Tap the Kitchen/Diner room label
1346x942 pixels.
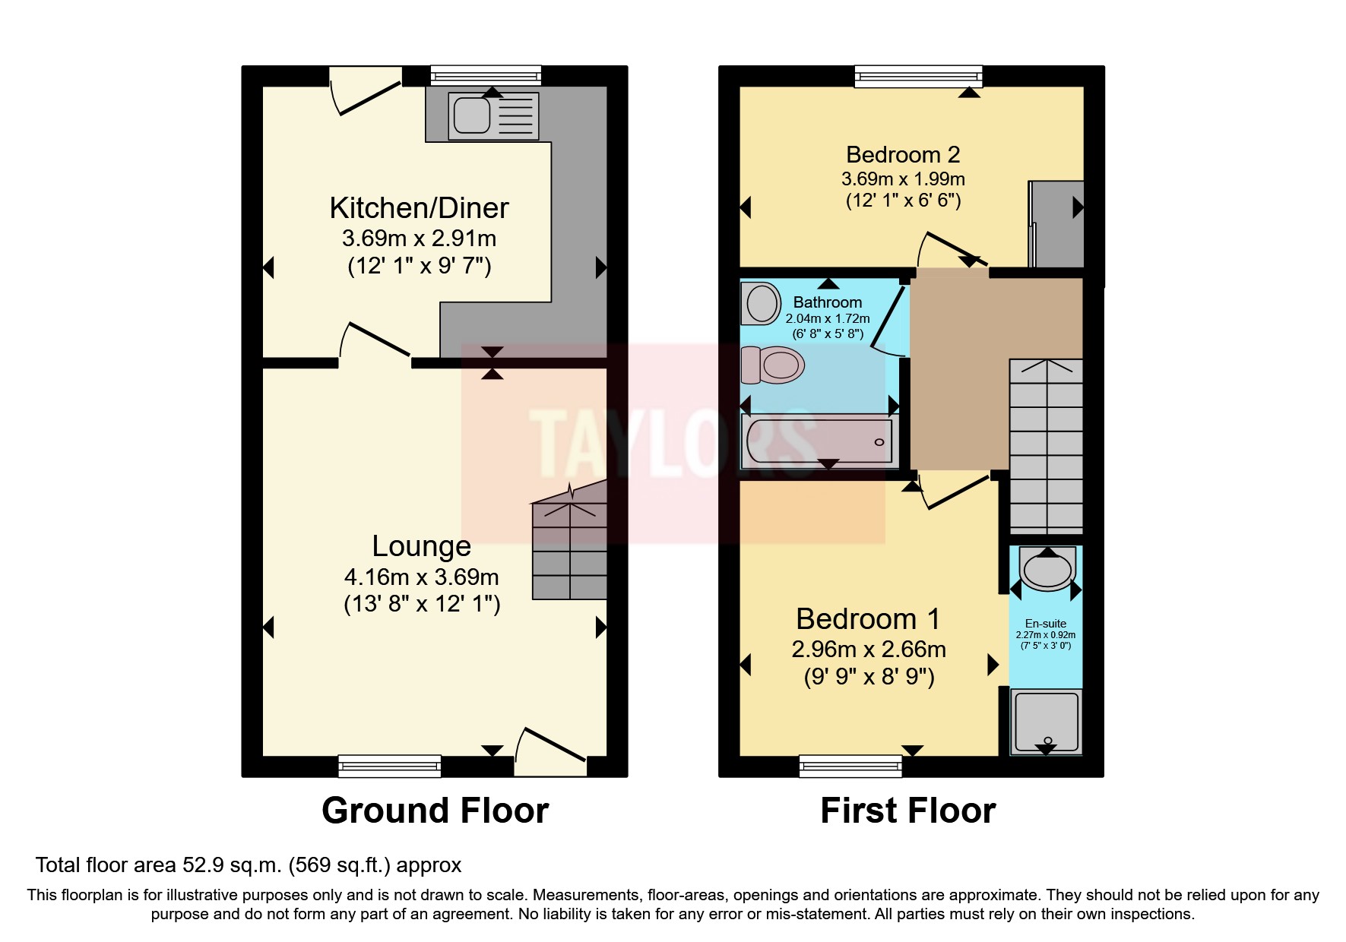click(419, 208)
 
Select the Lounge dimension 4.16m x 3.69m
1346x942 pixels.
click(421, 577)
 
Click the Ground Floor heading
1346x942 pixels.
click(435, 811)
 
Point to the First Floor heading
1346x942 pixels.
click(907, 811)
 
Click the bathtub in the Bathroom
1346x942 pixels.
click(819, 441)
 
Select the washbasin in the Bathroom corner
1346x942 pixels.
click(761, 303)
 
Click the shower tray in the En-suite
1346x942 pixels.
click(1046, 721)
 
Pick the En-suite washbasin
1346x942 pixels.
click(1047, 571)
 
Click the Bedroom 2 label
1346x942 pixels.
click(903, 155)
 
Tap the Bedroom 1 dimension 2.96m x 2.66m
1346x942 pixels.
click(869, 650)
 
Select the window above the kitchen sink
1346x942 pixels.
click(486, 74)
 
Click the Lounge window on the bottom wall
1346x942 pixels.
click(389, 766)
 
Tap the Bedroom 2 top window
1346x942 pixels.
click(918, 76)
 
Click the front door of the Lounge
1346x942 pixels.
click(552, 751)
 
